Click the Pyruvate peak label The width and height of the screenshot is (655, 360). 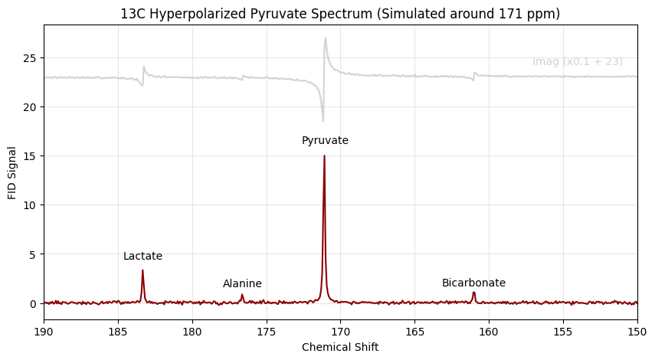coord(325,141)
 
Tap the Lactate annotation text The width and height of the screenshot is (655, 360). coord(142,257)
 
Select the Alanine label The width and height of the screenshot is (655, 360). coord(242,284)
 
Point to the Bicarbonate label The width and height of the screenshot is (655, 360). coord(473,283)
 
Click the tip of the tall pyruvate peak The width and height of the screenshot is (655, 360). coord(324,156)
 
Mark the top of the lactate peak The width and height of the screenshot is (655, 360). coord(142,270)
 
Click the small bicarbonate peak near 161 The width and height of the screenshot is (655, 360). coord(473,293)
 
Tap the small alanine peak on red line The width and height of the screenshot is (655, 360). coord(242,295)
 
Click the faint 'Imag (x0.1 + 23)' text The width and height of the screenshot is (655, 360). coord(577,62)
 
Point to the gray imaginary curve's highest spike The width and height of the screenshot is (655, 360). coord(325,38)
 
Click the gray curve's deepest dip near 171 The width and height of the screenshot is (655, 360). coord(323,120)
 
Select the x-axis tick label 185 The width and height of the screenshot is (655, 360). coord(118,332)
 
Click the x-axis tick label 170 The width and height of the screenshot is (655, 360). coord(340,332)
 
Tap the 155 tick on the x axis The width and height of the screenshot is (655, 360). coord(563,332)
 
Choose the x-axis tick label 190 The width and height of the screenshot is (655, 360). coord(44,332)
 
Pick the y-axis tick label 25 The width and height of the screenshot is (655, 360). coord(29,58)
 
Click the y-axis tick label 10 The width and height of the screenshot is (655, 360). coord(29,205)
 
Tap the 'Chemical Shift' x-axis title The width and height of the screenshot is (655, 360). coord(340,347)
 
